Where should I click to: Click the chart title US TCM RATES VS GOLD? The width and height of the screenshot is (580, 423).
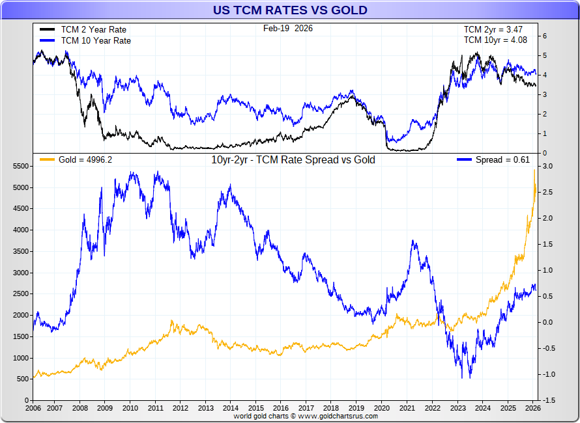click(290, 10)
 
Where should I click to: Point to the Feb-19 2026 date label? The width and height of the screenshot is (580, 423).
click(287, 29)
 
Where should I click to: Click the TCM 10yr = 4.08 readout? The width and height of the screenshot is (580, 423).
click(495, 40)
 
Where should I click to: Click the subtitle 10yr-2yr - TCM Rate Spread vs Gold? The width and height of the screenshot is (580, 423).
click(293, 160)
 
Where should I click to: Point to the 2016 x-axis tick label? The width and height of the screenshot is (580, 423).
click(281, 408)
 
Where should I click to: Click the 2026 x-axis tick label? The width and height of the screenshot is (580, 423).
click(532, 408)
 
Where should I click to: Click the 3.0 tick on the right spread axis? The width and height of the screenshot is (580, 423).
click(547, 167)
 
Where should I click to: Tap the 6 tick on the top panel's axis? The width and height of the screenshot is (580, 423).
click(544, 36)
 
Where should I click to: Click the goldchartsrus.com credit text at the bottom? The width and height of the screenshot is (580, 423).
click(306, 416)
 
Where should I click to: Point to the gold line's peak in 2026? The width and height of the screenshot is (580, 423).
click(534, 171)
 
